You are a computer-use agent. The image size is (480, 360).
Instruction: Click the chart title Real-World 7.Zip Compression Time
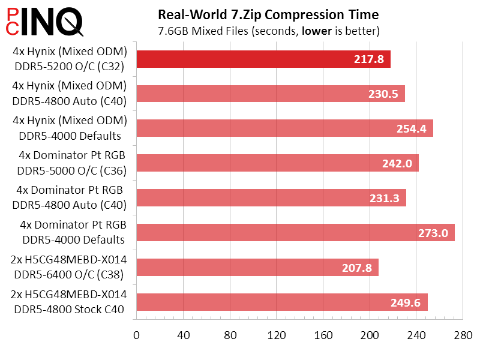coord(268,14)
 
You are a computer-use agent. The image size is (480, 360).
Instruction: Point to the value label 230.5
coord(382,94)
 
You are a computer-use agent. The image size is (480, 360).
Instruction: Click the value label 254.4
coord(411,128)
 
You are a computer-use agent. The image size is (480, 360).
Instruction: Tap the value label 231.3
coord(384,198)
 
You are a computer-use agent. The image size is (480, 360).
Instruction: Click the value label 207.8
coord(356,267)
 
